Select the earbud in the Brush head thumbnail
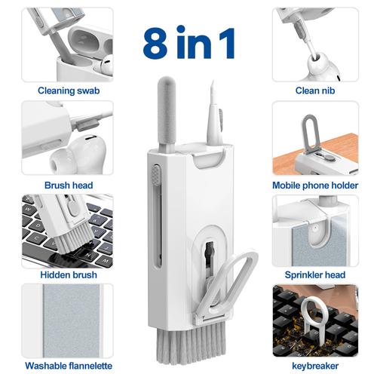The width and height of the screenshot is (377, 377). pyautogui.click(x=75, y=155)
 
